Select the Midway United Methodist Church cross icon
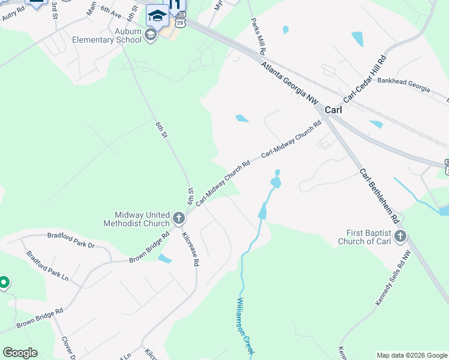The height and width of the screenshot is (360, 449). click(x=178, y=218)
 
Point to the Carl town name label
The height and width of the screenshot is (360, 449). click(x=333, y=110)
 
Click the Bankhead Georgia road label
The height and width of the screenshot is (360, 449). click(x=403, y=83)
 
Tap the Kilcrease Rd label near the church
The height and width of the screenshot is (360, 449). click(x=190, y=249)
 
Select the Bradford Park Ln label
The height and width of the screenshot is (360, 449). click(x=47, y=268)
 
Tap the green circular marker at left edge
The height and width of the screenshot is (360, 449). click(x=4, y=281)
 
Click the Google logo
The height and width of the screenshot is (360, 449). click(x=20, y=353)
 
